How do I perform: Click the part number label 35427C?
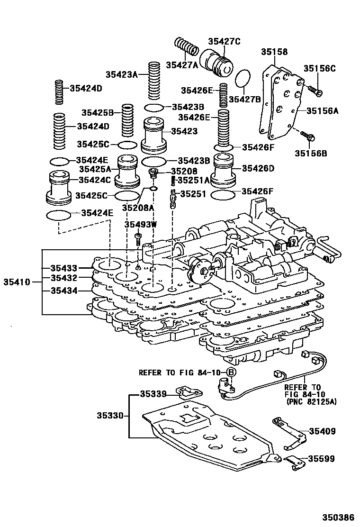(224, 41)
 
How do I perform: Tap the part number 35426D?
(258, 168)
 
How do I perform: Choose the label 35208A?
(138, 207)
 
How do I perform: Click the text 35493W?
(141, 224)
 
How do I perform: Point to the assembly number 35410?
(17, 282)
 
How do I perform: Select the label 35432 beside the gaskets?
(63, 278)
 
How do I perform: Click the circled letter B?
(230, 373)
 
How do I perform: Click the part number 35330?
(110, 416)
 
